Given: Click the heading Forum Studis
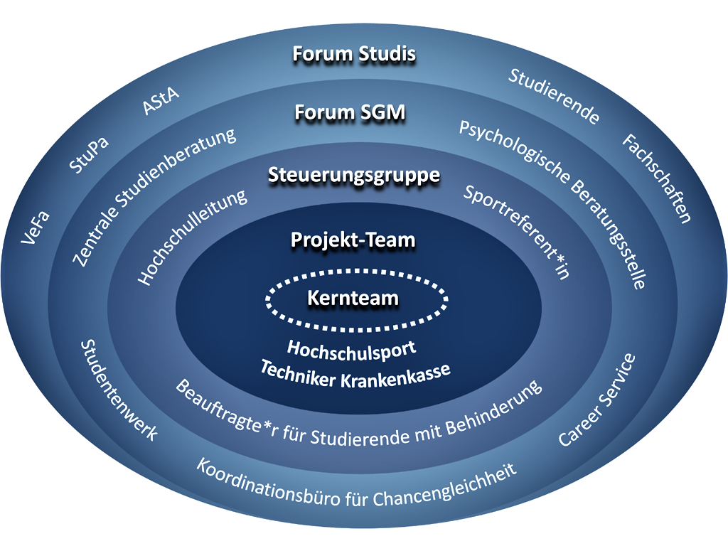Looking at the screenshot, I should tap(355, 55).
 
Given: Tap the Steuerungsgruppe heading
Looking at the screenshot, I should tap(354, 176).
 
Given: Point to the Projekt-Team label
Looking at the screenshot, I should tap(353, 240).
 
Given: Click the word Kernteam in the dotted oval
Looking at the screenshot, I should tap(353, 299).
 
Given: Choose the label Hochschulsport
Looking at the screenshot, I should tap(351, 350).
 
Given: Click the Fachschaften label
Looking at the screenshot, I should tap(657, 178).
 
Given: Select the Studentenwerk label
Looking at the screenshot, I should tap(118, 390).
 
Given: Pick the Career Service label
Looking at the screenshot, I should tap(596, 400).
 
